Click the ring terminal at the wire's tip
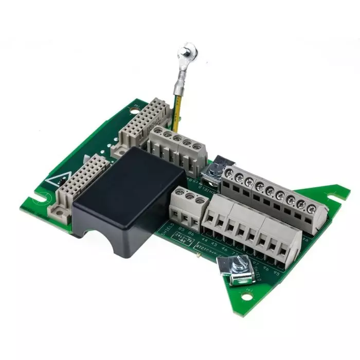point(188,51)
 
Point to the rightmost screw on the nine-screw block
point(312,209)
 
